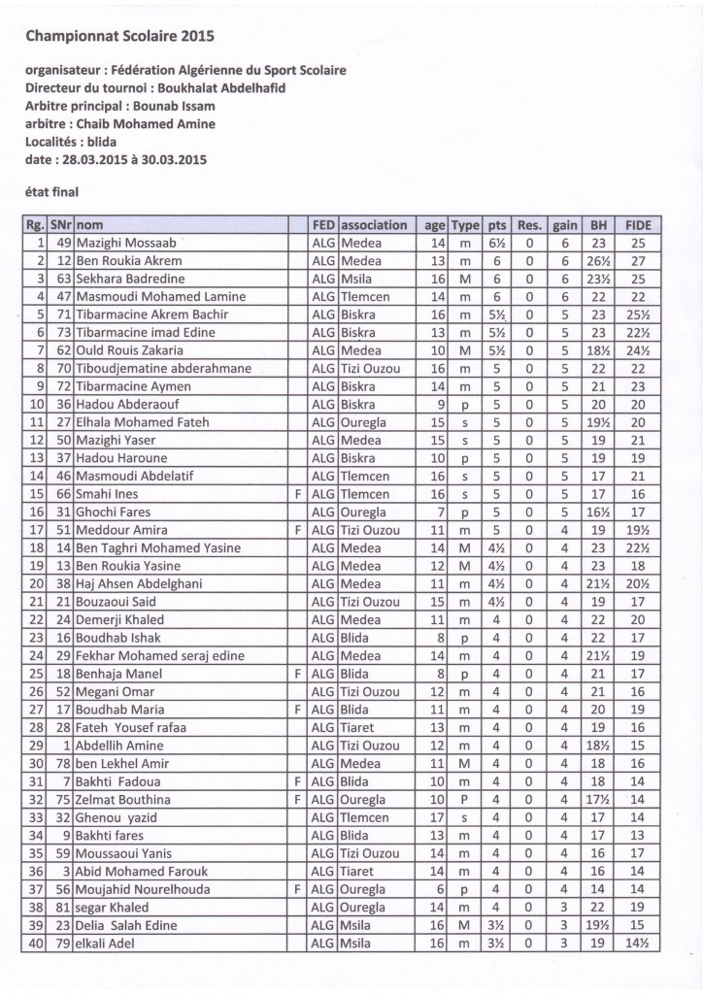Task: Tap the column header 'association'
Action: [374, 225]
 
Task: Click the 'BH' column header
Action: [598, 225]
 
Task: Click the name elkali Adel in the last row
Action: [110, 944]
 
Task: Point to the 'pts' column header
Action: [497, 225]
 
